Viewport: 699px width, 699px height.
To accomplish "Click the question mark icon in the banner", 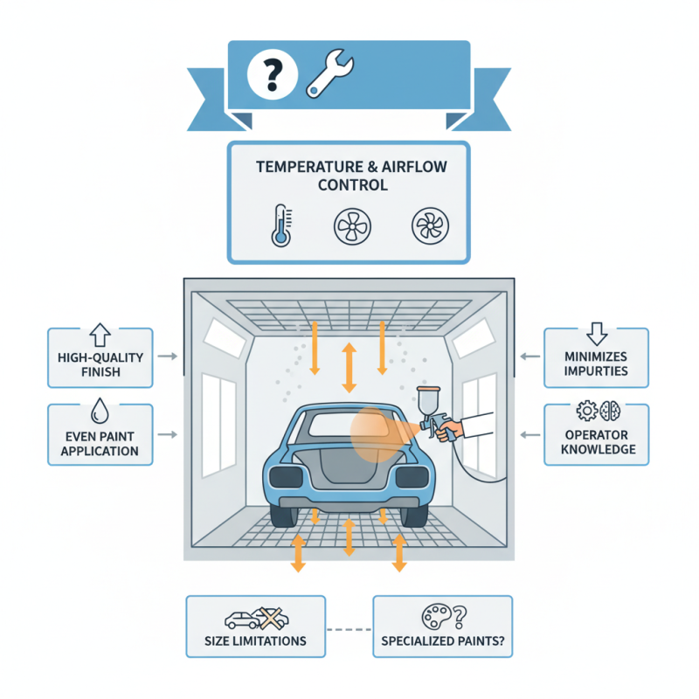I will pos(271,73).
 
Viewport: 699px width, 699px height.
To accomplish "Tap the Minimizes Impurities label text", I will pos(596,363).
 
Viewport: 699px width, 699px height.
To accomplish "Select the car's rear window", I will pos(345,423).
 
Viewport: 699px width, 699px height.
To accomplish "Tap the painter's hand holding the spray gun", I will pos(453,430).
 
